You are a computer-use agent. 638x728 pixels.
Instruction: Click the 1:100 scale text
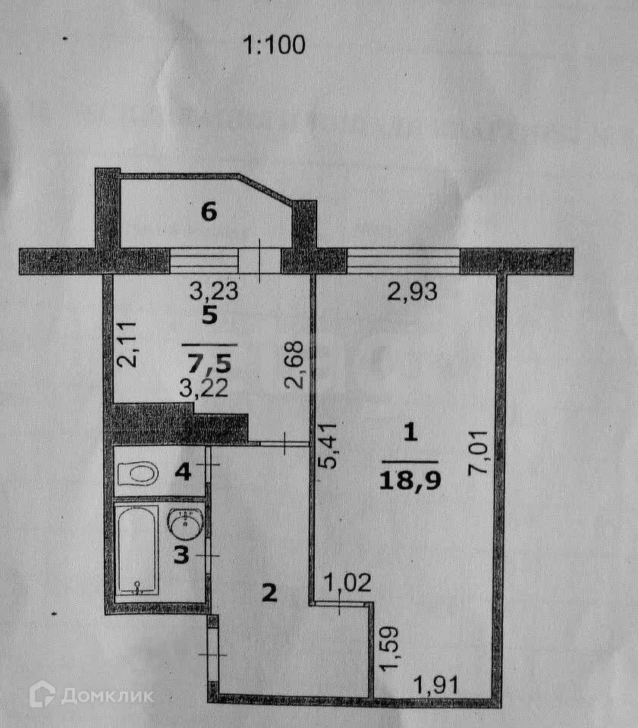click(x=273, y=45)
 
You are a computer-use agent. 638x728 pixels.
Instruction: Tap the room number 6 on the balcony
click(x=209, y=212)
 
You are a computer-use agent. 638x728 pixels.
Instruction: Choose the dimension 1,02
click(x=347, y=584)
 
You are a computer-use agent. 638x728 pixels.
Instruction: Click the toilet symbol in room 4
click(x=139, y=475)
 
